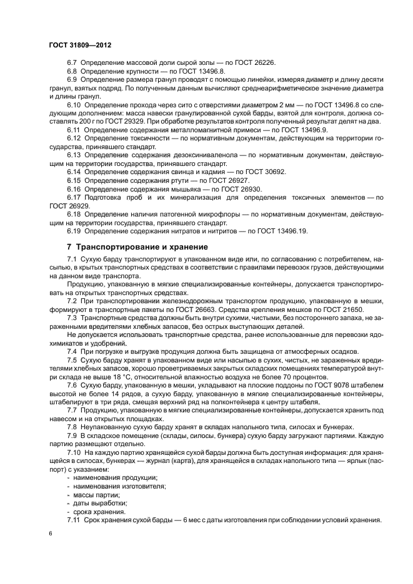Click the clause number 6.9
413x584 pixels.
pyautogui.click(x=73, y=80)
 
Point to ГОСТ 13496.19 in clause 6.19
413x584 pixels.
pyautogui.click(x=286, y=231)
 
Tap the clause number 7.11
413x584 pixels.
pyautogui.click(x=74, y=520)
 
